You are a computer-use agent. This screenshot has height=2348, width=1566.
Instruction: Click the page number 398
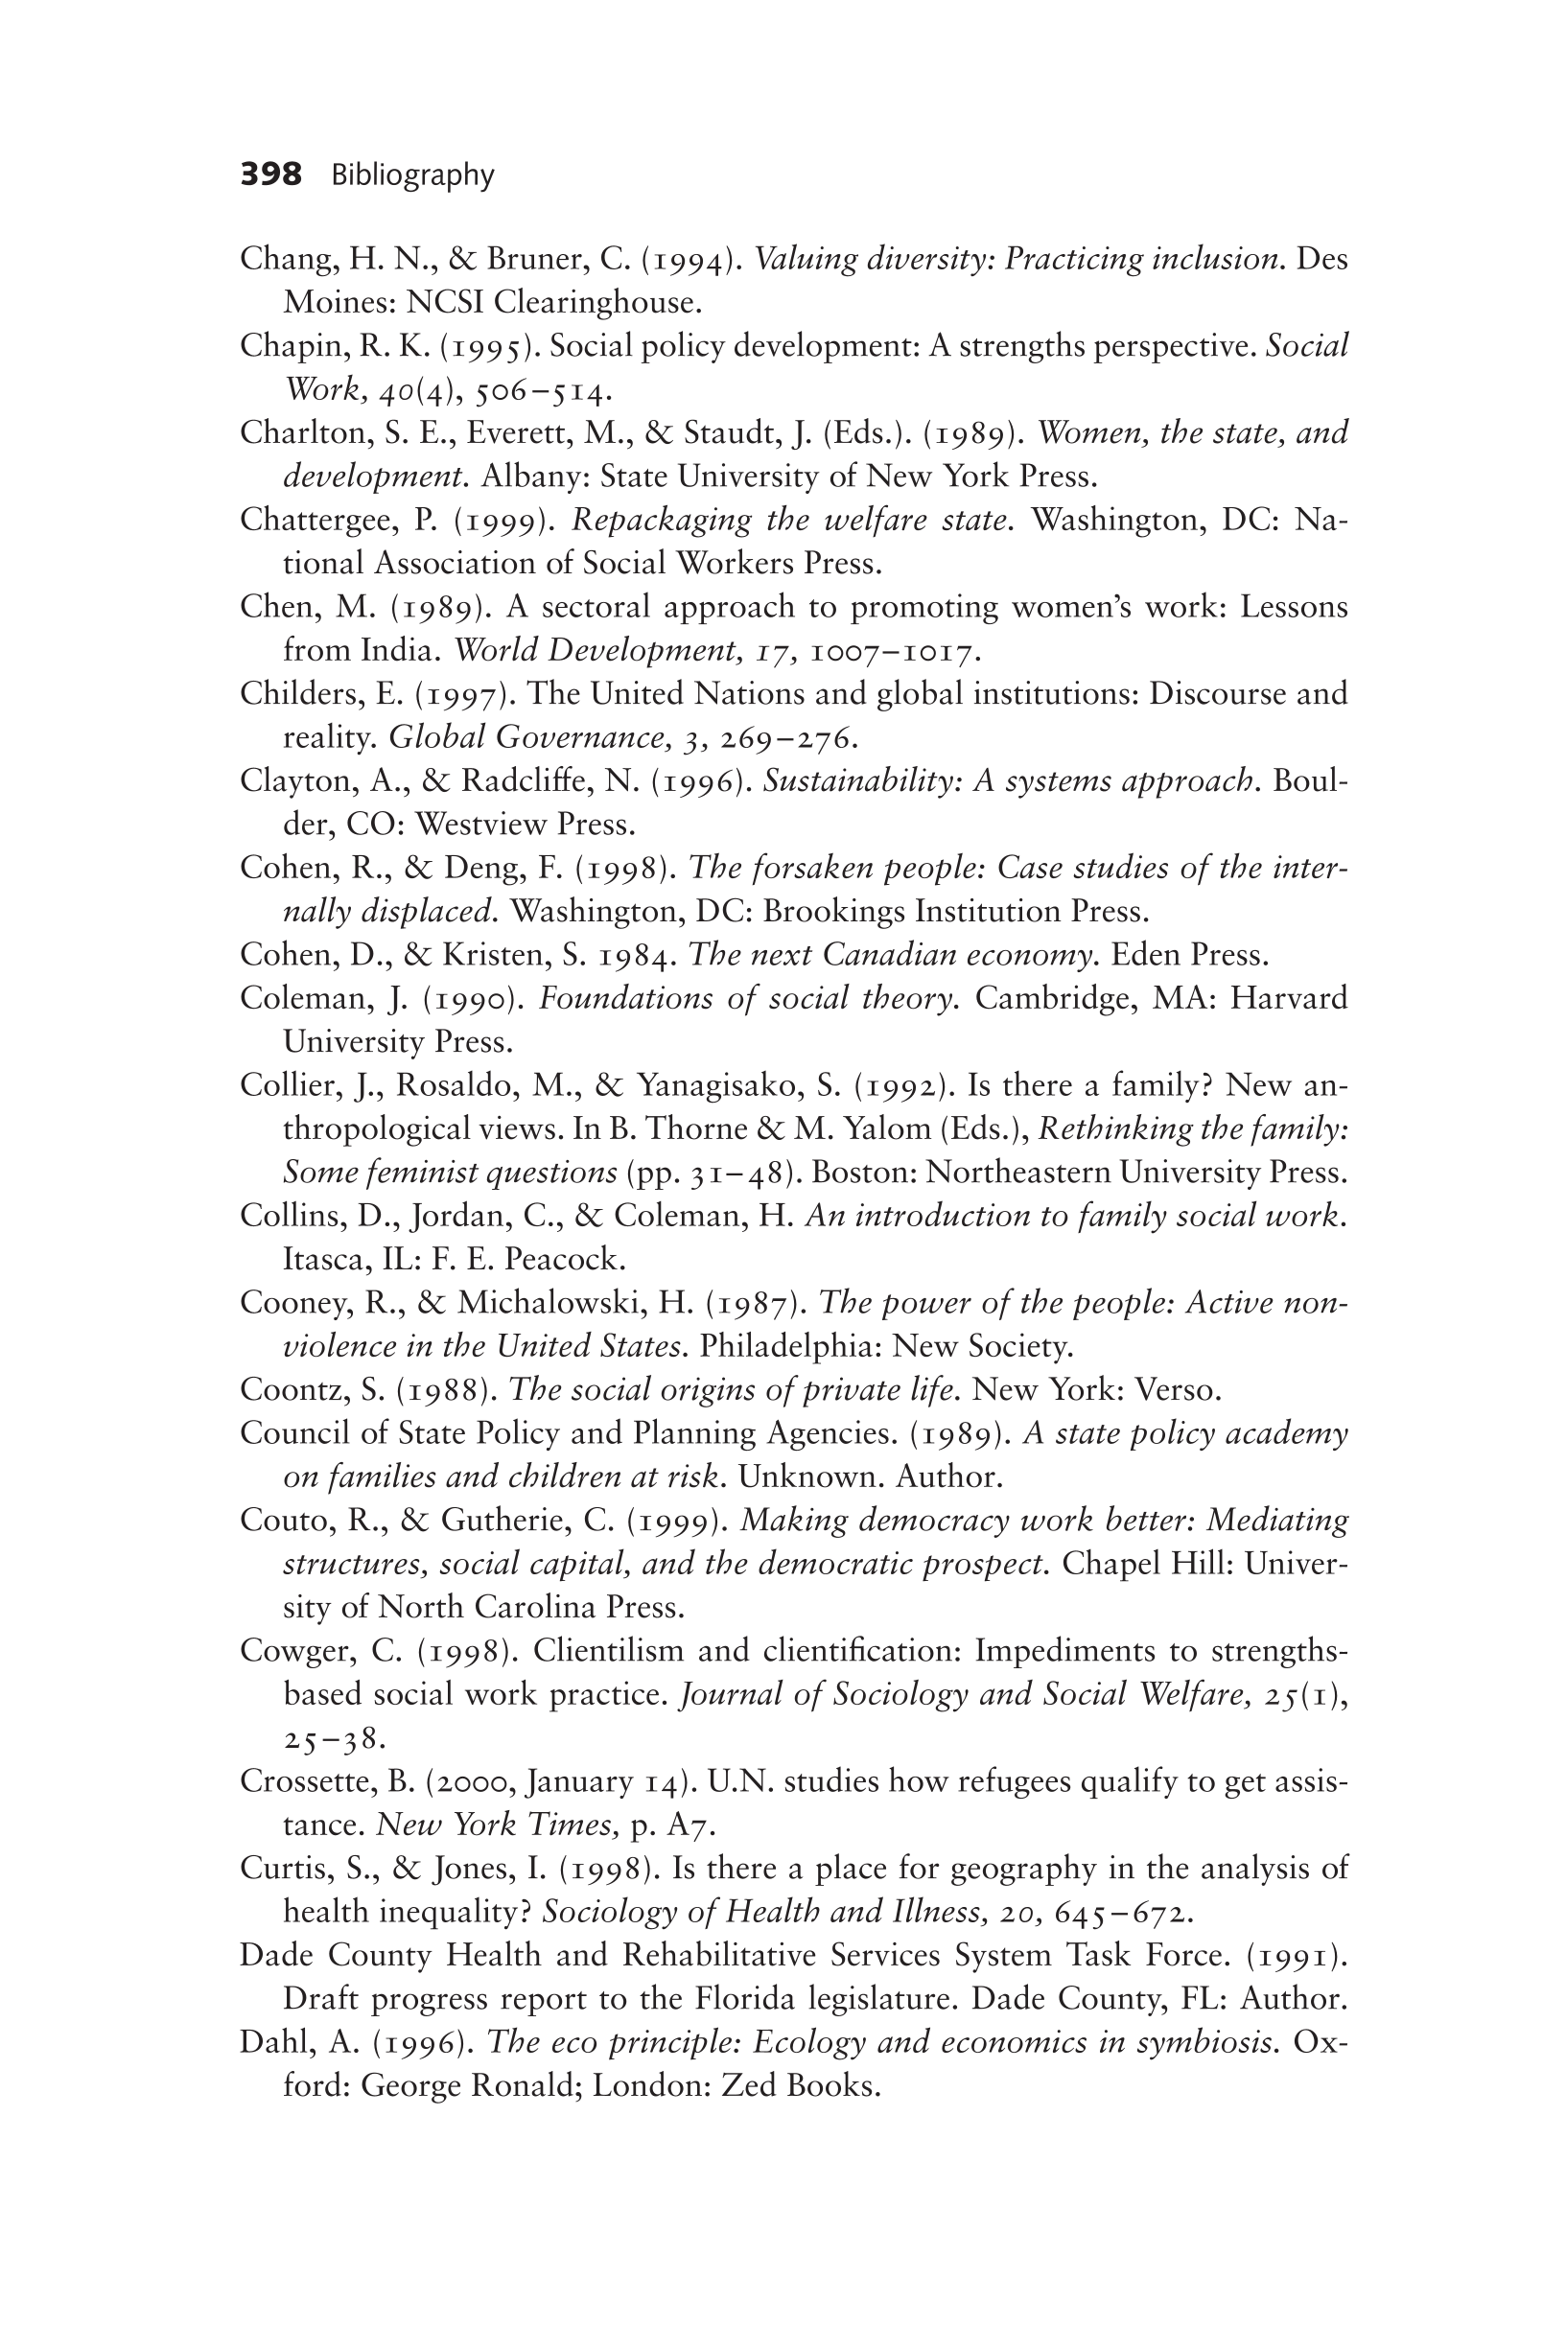tap(270, 174)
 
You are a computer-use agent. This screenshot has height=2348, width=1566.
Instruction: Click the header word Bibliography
tap(412, 175)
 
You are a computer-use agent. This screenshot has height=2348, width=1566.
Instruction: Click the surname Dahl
tap(272, 2042)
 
